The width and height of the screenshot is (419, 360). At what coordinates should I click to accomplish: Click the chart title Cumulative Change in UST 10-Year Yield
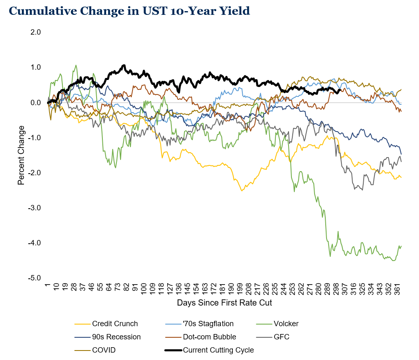(x=129, y=11)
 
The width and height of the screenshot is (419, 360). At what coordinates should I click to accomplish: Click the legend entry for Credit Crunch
(x=115, y=324)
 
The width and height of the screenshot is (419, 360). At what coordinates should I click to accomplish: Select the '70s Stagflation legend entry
(x=208, y=324)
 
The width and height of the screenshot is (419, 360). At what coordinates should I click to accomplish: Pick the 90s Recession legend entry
(x=116, y=337)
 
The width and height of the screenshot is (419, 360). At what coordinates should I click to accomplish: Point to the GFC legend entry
(x=282, y=337)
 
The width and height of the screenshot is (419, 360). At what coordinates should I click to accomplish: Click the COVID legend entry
(x=104, y=350)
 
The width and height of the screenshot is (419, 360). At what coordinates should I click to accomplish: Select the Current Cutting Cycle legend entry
(x=218, y=350)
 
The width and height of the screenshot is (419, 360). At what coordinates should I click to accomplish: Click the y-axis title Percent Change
(x=21, y=155)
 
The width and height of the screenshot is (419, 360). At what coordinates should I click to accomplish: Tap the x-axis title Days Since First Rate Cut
(x=225, y=303)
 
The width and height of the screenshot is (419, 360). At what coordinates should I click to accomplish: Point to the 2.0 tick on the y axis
(x=36, y=32)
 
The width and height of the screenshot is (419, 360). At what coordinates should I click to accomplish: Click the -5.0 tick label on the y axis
(x=35, y=278)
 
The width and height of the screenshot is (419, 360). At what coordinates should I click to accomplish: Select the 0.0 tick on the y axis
(x=36, y=103)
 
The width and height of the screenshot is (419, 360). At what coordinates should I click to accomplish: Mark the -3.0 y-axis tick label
(x=35, y=208)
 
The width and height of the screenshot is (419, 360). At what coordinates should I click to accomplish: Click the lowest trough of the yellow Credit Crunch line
(x=242, y=191)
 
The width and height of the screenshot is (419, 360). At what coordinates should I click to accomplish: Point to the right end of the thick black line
(x=340, y=90)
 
